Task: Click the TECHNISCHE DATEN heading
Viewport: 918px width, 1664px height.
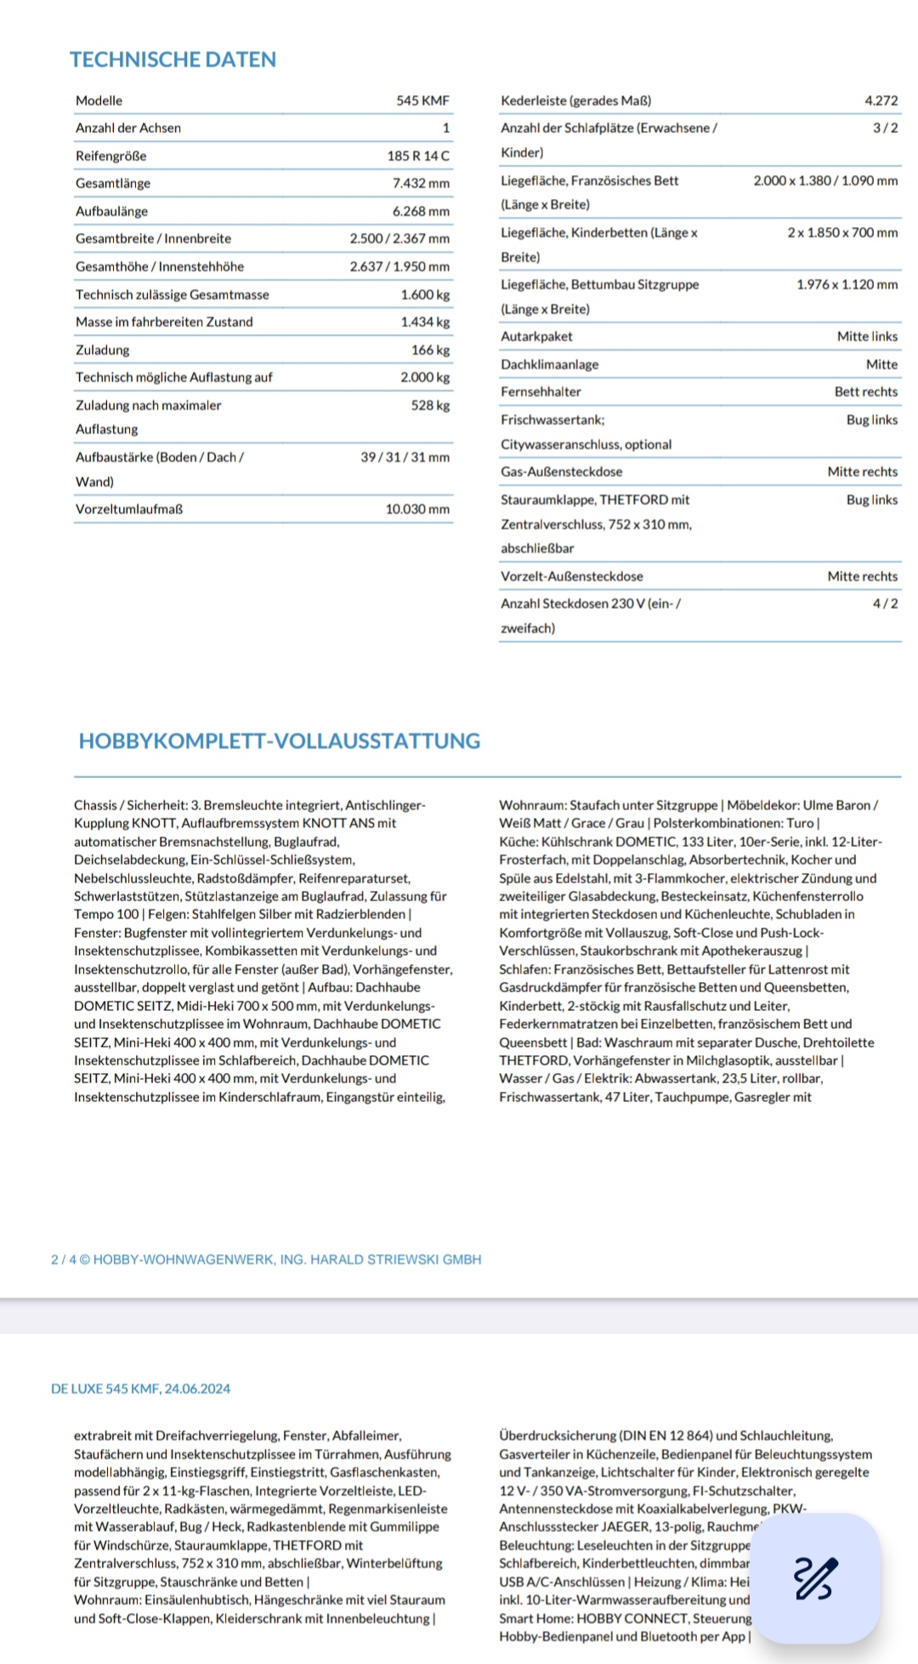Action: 173,60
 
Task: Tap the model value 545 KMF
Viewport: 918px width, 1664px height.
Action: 422,100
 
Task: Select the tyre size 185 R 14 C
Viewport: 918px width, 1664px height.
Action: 418,156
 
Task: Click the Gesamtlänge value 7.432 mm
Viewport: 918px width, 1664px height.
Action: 421,183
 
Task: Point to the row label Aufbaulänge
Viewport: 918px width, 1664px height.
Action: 111,211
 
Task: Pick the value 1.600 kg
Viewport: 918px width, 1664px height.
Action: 425,294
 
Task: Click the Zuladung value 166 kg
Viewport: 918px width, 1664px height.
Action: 430,349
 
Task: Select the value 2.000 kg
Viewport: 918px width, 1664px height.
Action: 425,377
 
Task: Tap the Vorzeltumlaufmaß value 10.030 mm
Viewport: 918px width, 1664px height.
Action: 417,508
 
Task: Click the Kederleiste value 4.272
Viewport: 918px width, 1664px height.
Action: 881,100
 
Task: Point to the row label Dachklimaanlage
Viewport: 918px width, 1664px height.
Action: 549,364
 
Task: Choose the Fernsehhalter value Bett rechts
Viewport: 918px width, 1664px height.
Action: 865,391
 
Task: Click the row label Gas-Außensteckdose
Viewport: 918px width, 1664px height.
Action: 561,471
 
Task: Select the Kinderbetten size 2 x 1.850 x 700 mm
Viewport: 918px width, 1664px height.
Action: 841,232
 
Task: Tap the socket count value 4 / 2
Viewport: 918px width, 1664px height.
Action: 885,603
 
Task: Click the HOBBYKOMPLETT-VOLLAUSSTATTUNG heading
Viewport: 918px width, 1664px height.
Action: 279,741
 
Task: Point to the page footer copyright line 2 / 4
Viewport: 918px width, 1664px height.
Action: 266,1259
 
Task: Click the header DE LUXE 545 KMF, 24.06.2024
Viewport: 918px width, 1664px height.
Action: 140,1389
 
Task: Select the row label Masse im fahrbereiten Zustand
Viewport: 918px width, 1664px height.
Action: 164,321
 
